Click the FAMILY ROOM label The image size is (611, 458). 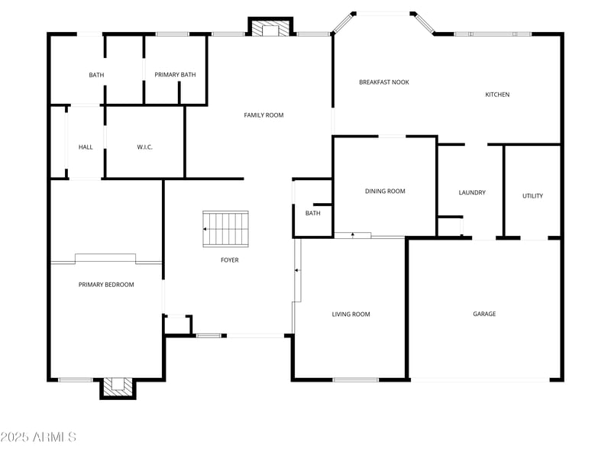263,115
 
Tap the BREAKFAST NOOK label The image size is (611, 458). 384,82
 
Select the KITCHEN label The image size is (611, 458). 497,95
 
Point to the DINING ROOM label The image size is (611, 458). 385,192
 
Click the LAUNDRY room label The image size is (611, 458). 472,192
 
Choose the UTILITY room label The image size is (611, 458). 532,196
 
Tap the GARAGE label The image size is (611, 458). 484,314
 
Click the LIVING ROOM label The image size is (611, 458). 351,314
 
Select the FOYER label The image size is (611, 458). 229,260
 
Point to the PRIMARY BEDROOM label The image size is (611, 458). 106,285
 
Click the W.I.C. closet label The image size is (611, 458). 145,147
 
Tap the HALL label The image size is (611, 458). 86,147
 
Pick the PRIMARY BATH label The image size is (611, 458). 175,75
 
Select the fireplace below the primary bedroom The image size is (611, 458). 118,387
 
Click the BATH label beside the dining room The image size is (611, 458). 312,213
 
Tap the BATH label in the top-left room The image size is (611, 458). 96,75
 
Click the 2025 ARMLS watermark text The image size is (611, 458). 38,437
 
